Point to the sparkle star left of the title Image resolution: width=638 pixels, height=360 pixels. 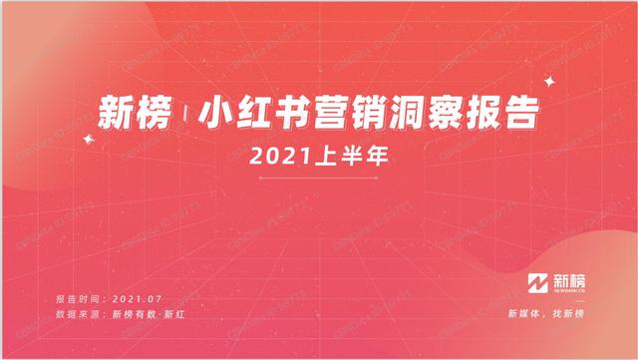pyautogui.click(x=89, y=141)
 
